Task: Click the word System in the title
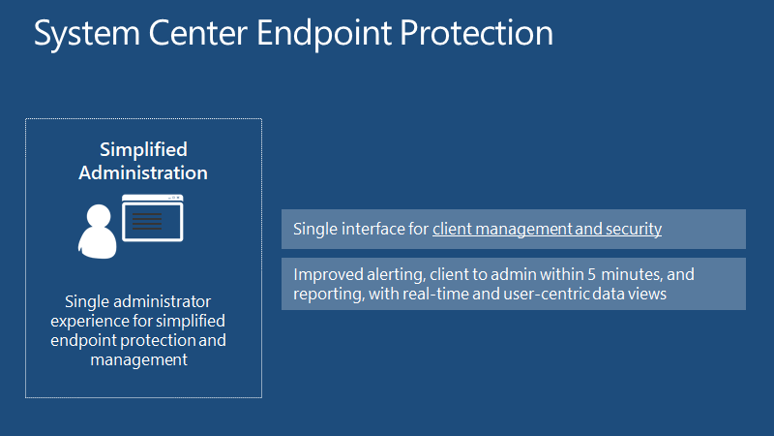(87, 34)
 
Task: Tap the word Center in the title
(198, 33)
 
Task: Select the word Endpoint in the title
(323, 34)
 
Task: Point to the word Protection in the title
(476, 33)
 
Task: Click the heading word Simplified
(143, 150)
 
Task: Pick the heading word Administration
(143, 173)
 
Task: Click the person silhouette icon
(98, 232)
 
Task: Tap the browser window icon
(153, 218)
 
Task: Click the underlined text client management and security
(547, 230)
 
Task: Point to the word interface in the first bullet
(373, 229)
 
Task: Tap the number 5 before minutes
(591, 274)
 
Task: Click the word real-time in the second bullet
(435, 294)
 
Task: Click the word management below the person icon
(138, 359)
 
